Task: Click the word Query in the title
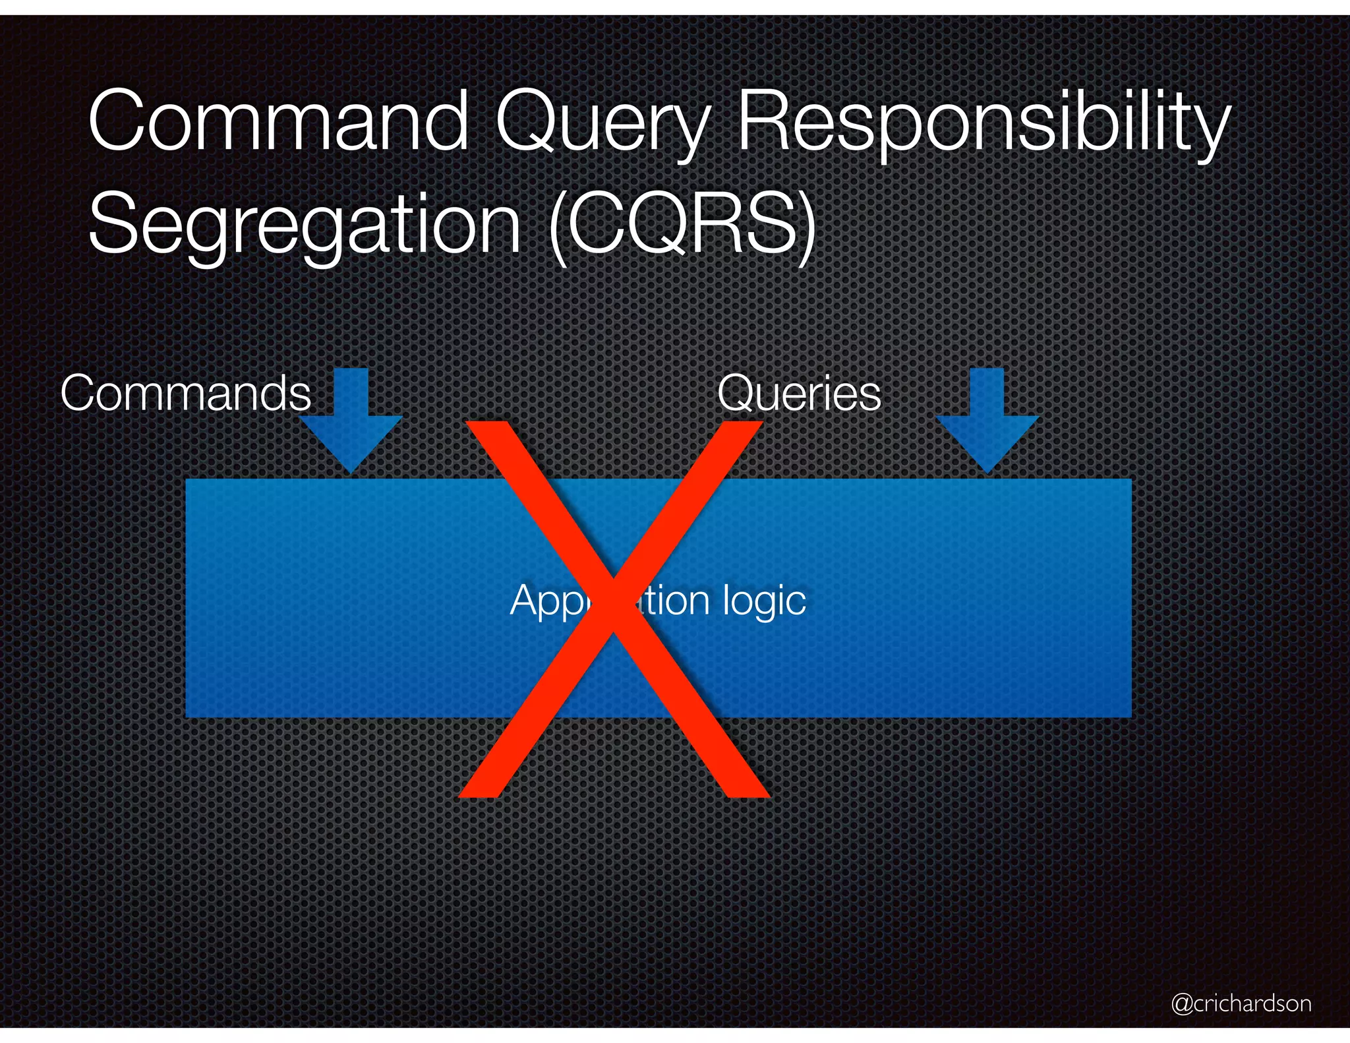601,125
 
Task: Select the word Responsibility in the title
982,125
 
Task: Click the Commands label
185,394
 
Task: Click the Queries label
799,394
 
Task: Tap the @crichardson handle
1241,1003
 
